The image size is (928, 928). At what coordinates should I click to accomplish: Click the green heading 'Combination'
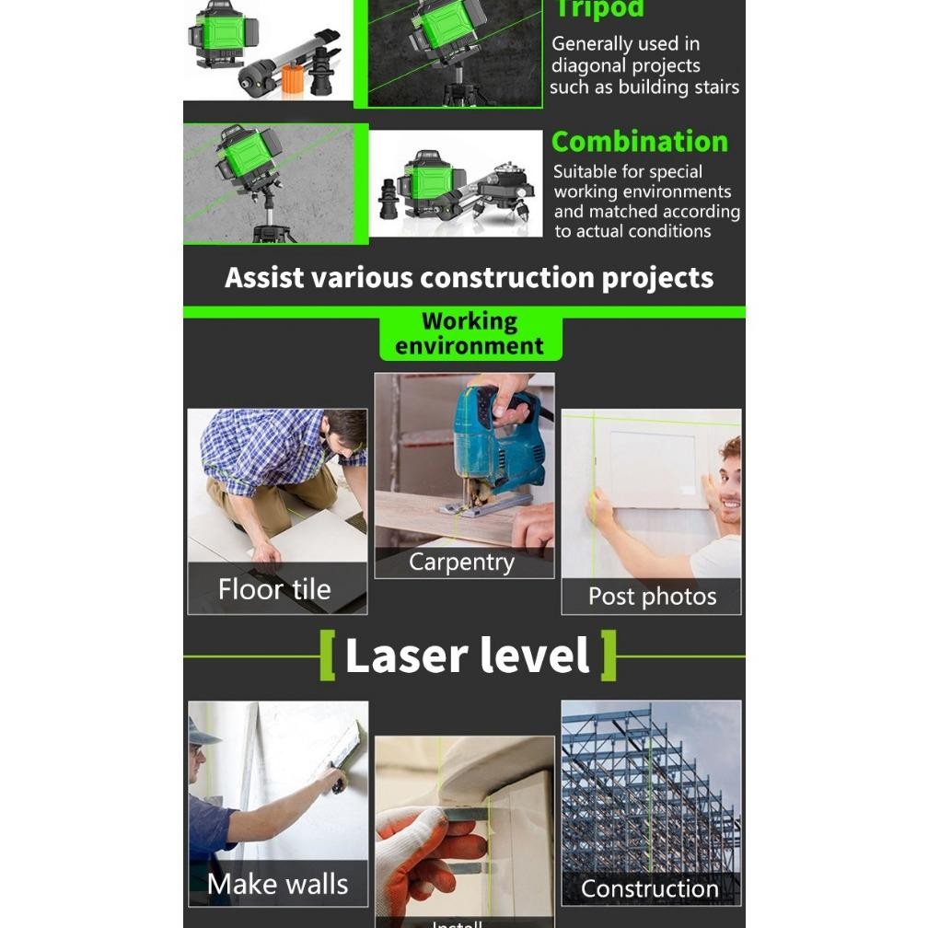(639, 142)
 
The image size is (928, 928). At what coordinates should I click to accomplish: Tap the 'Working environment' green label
(470, 334)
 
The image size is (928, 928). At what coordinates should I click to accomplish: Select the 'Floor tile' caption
(274, 589)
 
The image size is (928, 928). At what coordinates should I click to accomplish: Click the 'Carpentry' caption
(461, 563)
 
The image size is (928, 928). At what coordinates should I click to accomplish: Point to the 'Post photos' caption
(652, 597)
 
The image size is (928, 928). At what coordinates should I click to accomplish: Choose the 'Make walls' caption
(278, 884)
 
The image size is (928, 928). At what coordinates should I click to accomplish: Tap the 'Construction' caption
(649, 888)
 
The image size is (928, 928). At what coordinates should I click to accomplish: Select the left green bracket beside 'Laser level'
(328, 655)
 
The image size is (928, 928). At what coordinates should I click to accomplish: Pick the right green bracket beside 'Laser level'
(608, 655)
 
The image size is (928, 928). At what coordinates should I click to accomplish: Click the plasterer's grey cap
(202, 733)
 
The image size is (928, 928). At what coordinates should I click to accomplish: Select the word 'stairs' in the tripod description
(714, 88)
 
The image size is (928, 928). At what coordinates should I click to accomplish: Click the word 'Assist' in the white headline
(264, 278)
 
